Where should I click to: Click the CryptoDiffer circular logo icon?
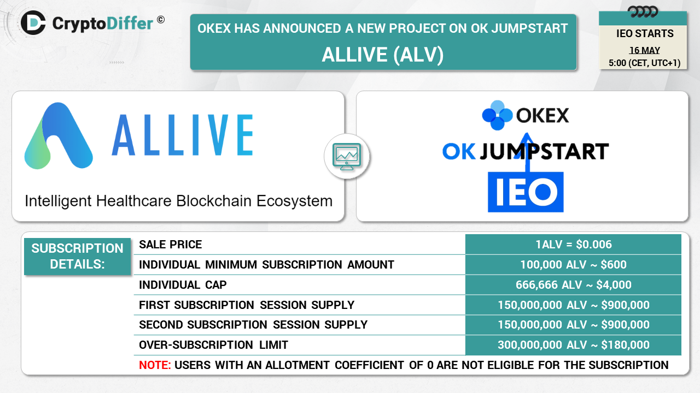(33, 23)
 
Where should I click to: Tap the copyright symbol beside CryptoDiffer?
(161, 20)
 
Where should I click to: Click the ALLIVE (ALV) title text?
(383, 55)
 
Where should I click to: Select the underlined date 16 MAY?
(644, 50)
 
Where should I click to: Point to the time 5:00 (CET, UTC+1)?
(644, 63)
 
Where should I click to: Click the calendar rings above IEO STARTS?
(643, 12)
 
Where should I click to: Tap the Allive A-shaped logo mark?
(59, 136)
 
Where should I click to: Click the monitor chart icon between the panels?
(347, 157)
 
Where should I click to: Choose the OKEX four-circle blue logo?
(497, 115)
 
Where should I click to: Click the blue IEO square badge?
(526, 192)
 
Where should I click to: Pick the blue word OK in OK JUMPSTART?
(459, 152)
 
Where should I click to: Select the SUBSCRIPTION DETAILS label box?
(77, 257)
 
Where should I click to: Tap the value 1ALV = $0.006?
(574, 245)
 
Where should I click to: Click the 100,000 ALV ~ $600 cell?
(574, 265)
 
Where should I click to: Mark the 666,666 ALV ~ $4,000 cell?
(574, 285)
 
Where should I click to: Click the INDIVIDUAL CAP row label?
(183, 285)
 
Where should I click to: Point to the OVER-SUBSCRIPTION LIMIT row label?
(213, 345)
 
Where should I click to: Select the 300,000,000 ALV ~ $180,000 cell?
(574, 345)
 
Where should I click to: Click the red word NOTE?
(155, 365)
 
